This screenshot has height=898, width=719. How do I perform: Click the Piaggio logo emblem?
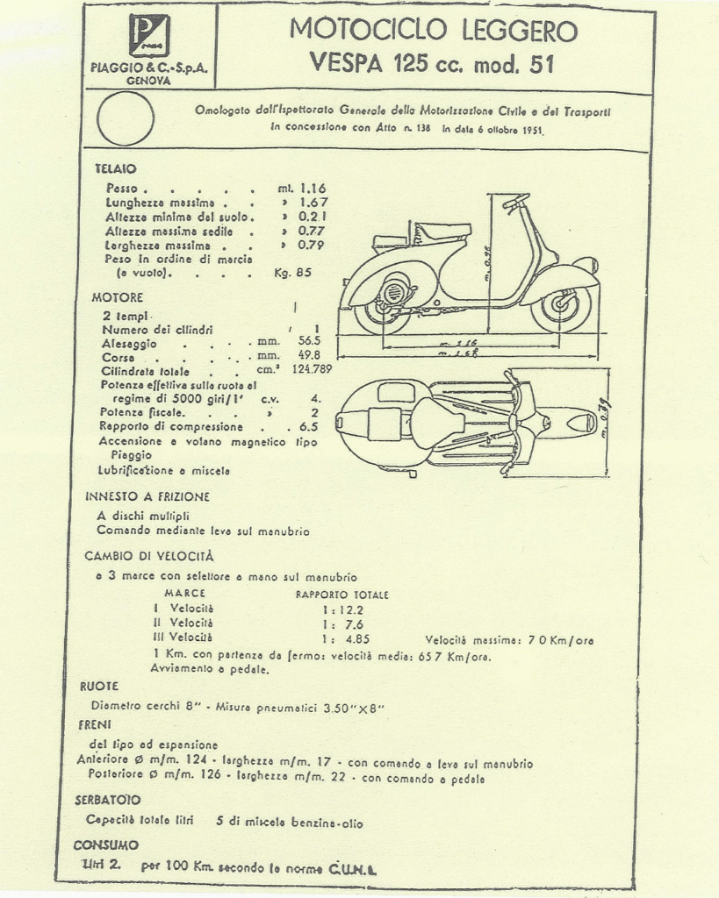point(148,37)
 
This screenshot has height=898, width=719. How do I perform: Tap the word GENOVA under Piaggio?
point(148,81)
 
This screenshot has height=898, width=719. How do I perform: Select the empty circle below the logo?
point(126,118)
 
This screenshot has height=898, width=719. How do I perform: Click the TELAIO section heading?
point(115,168)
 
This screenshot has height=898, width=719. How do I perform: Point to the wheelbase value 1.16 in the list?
point(313,189)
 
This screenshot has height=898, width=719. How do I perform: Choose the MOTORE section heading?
point(118,298)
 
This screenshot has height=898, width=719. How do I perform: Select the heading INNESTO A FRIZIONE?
point(147,496)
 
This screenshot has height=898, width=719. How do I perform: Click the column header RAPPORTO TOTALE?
point(342,595)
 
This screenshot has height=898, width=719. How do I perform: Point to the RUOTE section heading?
point(98,686)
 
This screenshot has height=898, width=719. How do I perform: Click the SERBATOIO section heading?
point(107,801)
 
